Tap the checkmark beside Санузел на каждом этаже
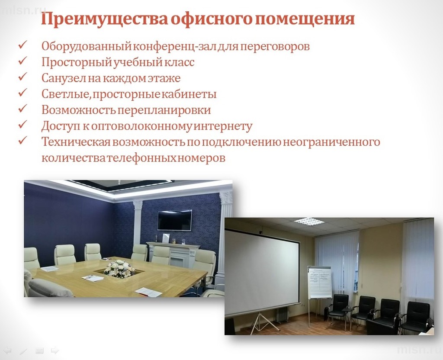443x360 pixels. tap(22, 77)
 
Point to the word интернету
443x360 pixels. tap(224, 126)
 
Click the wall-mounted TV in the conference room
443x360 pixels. tap(175, 220)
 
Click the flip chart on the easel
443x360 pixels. tap(320, 282)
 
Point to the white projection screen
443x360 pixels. tap(262, 272)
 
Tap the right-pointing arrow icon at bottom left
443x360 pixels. tap(55, 350)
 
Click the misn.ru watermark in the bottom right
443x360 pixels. tap(419, 350)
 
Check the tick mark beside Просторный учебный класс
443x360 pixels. tap(22, 61)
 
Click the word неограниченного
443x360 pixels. tap(331, 142)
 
